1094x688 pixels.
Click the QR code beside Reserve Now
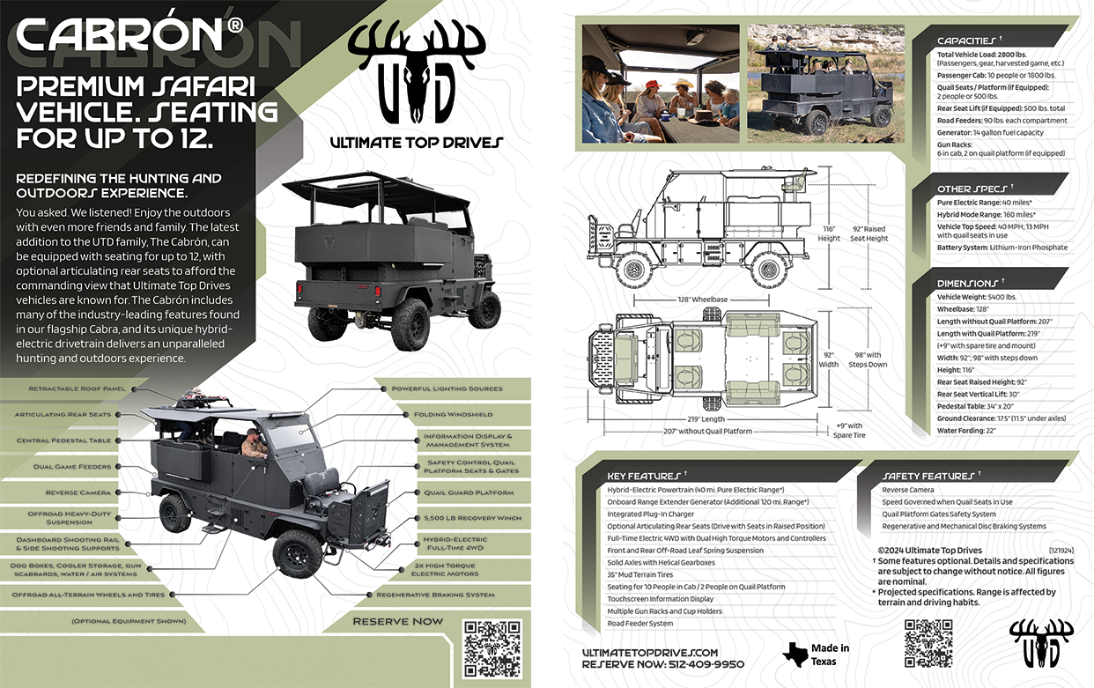[492, 647]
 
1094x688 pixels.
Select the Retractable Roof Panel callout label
[77, 388]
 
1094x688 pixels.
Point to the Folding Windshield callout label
[454, 414]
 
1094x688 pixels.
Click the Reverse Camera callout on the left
[78, 492]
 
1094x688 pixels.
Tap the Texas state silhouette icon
[795, 655]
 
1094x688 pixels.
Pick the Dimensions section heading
[968, 284]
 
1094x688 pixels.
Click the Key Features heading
[643, 476]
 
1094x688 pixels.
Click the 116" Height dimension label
[829, 233]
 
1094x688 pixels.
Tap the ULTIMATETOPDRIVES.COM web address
[650, 652]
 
